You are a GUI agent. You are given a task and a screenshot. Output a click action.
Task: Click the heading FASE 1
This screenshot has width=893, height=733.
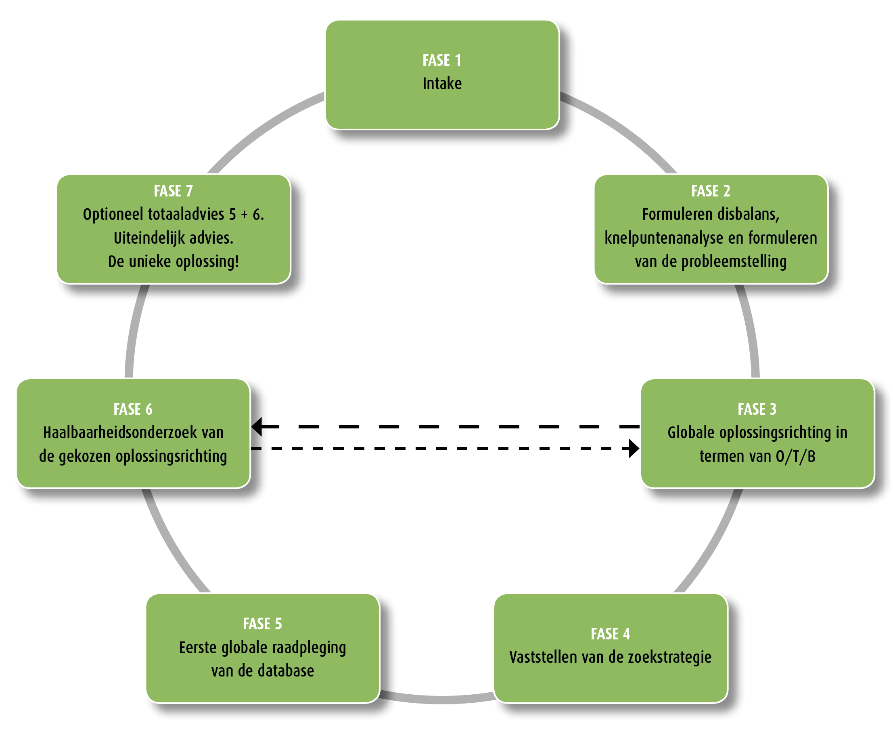pos(442,61)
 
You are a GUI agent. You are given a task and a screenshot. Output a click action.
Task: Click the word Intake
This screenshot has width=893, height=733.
pos(442,84)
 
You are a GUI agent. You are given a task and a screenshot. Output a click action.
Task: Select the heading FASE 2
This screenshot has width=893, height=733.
pos(711,191)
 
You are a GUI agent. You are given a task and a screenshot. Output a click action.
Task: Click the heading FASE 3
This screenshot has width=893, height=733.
pos(757,409)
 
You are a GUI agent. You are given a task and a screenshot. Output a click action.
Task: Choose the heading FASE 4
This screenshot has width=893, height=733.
pos(610,633)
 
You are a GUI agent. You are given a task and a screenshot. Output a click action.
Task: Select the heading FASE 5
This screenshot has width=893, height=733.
pos(262,624)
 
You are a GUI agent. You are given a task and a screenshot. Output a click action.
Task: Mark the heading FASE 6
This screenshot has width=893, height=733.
pos(133,409)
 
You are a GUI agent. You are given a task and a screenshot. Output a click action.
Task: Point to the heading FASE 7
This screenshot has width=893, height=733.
pos(173,191)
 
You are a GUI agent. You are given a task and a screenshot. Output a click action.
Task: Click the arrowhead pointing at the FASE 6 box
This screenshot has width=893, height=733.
pos(257,426)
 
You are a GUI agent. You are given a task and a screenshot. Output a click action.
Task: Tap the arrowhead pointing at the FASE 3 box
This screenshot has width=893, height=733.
pos(633,449)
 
